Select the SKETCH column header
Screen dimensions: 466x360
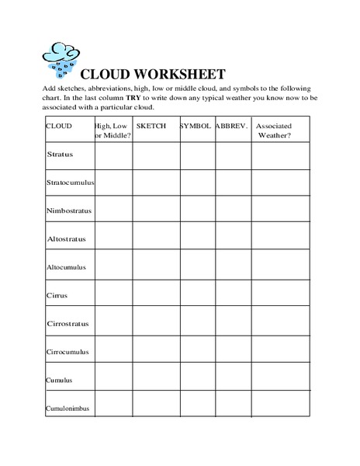(151, 125)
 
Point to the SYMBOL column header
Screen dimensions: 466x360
(196, 125)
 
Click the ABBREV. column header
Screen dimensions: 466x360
(230, 125)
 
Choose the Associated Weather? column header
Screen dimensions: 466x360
(273, 129)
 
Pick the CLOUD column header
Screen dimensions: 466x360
(60, 125)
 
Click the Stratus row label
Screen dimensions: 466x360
(60, 155)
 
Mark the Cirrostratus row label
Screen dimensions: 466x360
(67, 323)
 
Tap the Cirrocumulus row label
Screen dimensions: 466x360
(67, 351)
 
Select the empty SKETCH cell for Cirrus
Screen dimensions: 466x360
(157, 295)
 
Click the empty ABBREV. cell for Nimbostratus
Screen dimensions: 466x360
(233, 210)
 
